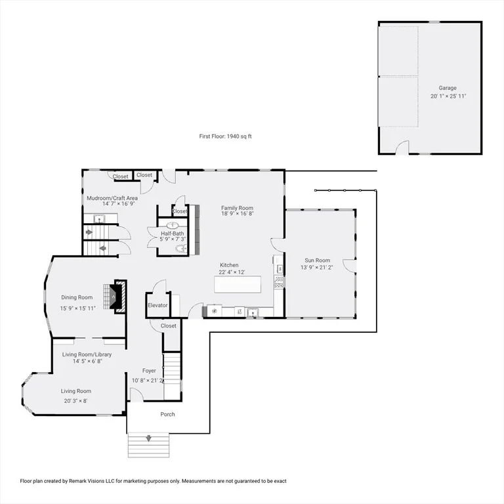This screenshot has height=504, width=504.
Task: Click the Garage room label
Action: point(448,88)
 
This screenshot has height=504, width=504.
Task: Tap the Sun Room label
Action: point(317,261)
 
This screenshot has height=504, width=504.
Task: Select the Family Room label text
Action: point(237,208)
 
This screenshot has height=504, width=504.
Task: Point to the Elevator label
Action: point(157,305)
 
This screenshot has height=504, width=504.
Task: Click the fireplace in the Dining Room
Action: point(115,297)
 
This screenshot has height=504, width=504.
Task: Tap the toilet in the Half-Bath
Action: point(181,248)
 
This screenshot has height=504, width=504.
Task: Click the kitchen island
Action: point(238,284)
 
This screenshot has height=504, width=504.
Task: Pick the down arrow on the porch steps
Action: point(148,438)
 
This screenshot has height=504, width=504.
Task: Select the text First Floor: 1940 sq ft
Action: point(225,136)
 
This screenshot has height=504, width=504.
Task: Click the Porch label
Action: point(167,414)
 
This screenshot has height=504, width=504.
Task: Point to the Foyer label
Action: point(149,371)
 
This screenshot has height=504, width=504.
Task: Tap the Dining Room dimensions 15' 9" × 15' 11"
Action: point(78,308)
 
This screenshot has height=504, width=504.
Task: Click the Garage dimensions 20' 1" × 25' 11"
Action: point(448,96)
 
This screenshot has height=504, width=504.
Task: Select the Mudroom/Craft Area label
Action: point(112,198)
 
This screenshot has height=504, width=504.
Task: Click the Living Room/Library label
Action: point(87,354)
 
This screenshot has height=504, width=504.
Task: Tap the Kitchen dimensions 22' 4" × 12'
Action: point(232,272)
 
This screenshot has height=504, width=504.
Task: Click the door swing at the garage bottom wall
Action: point(402,148)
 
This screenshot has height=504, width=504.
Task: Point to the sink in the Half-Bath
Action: point(173,225)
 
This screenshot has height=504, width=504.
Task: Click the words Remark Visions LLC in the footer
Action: point(87,481)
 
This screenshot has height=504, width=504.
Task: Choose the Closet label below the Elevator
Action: point(169,325)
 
